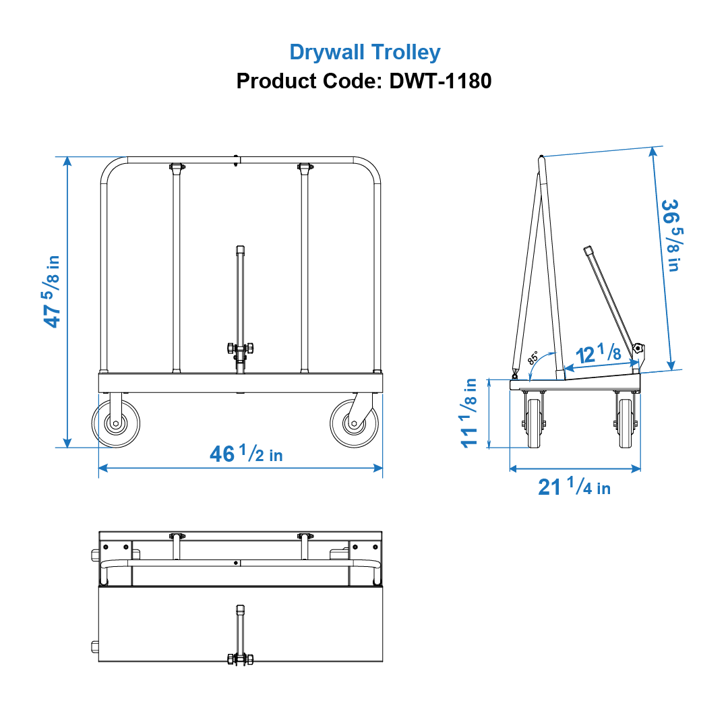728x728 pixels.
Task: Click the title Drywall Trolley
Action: coord(365,52)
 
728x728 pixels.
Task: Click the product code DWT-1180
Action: coord(364,82)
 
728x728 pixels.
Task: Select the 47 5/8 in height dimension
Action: coord(52,291)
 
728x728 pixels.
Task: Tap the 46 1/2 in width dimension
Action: coord(246,454)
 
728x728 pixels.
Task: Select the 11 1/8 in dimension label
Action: coord(469,413)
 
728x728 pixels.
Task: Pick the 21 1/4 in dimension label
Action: coord(574,486)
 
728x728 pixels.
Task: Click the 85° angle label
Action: coord(533,357)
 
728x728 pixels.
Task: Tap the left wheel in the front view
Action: coord(116,423)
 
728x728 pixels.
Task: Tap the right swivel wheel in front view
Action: coord(355,423)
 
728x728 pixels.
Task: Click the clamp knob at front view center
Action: coord(240,349)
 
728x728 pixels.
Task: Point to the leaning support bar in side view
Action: coord(610,297)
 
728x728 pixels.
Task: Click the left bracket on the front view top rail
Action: coord(176,166)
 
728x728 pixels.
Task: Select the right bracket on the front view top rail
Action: coord(305,166)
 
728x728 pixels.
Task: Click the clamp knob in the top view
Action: coord(240,659)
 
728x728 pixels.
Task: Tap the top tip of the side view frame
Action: coord(541,159)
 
